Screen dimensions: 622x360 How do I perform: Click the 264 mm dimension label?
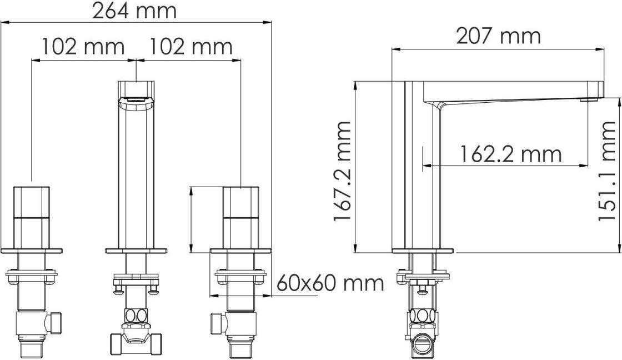134,11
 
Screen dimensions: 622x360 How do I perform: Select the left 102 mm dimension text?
83,47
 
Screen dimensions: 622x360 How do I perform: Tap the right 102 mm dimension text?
190,47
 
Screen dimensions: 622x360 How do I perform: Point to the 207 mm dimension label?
498,36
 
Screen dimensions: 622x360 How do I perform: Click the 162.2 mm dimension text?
511,153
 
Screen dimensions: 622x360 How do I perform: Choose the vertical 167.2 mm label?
342,171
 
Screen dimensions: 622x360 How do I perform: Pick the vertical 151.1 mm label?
607,171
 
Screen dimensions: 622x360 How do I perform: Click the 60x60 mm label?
330,283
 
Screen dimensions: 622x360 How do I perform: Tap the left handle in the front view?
32,218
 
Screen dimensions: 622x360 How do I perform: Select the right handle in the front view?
241,218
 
